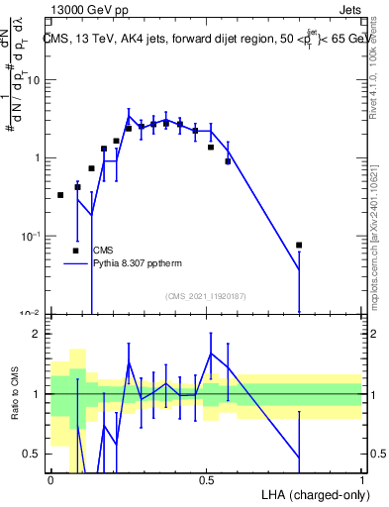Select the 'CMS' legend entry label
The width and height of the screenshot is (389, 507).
click(103, 251)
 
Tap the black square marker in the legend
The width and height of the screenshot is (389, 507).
click(75, 251)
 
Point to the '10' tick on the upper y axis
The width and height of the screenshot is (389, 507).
click(36, 80)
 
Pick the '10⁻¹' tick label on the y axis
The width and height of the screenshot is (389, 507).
click(34, 236)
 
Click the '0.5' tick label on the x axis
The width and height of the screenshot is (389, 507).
click(206, 478)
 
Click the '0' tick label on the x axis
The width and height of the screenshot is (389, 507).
click(50, 478)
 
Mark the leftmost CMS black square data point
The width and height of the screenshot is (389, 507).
click(60, 195)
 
